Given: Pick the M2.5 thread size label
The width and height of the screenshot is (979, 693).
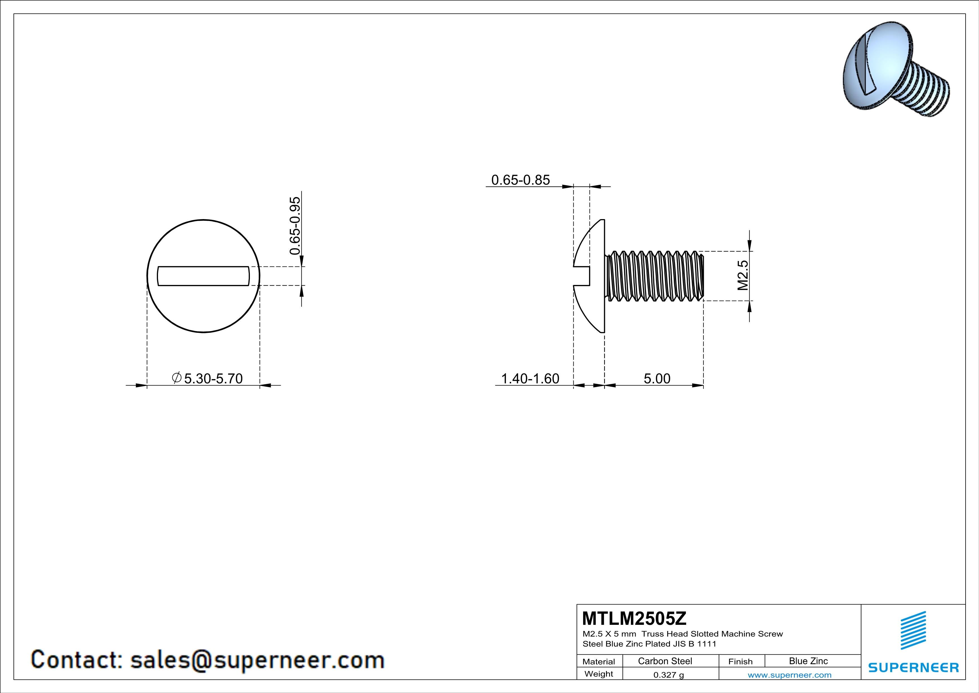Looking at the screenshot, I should click(743, 275).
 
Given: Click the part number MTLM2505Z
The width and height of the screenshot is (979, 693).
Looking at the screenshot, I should click(634, 618).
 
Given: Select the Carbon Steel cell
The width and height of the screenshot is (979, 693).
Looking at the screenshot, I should click(665, 661).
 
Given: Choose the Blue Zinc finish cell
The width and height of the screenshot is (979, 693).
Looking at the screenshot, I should click(808, 661).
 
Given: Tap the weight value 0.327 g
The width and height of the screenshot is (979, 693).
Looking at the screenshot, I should click(668, 675).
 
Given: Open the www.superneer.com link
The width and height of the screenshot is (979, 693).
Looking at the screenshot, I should click(789, 675).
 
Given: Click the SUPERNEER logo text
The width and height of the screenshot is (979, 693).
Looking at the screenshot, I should click(913, 667).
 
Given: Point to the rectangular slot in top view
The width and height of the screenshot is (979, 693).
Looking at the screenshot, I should click(204, 276).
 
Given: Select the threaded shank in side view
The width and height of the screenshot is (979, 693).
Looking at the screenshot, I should click(655, 276).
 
